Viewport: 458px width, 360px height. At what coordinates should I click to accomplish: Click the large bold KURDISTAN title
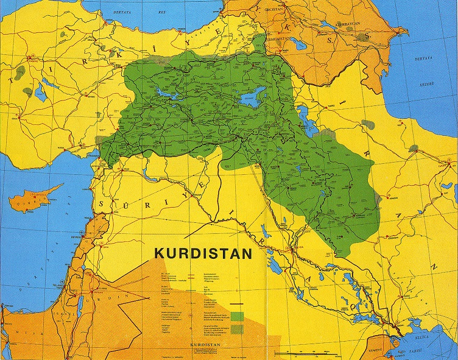click(x=203, y=253)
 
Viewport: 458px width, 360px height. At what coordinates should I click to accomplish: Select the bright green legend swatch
click(x=236, y=316)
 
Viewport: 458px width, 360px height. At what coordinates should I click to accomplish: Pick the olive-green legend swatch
click(x=236, y=329)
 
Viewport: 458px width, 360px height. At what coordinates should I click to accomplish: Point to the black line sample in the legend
click(x=236, y=303)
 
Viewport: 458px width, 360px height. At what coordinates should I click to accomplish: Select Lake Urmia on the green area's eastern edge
click(x=308, y=125)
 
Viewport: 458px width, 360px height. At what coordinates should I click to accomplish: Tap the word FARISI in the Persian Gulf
click(x=443, y=351)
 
